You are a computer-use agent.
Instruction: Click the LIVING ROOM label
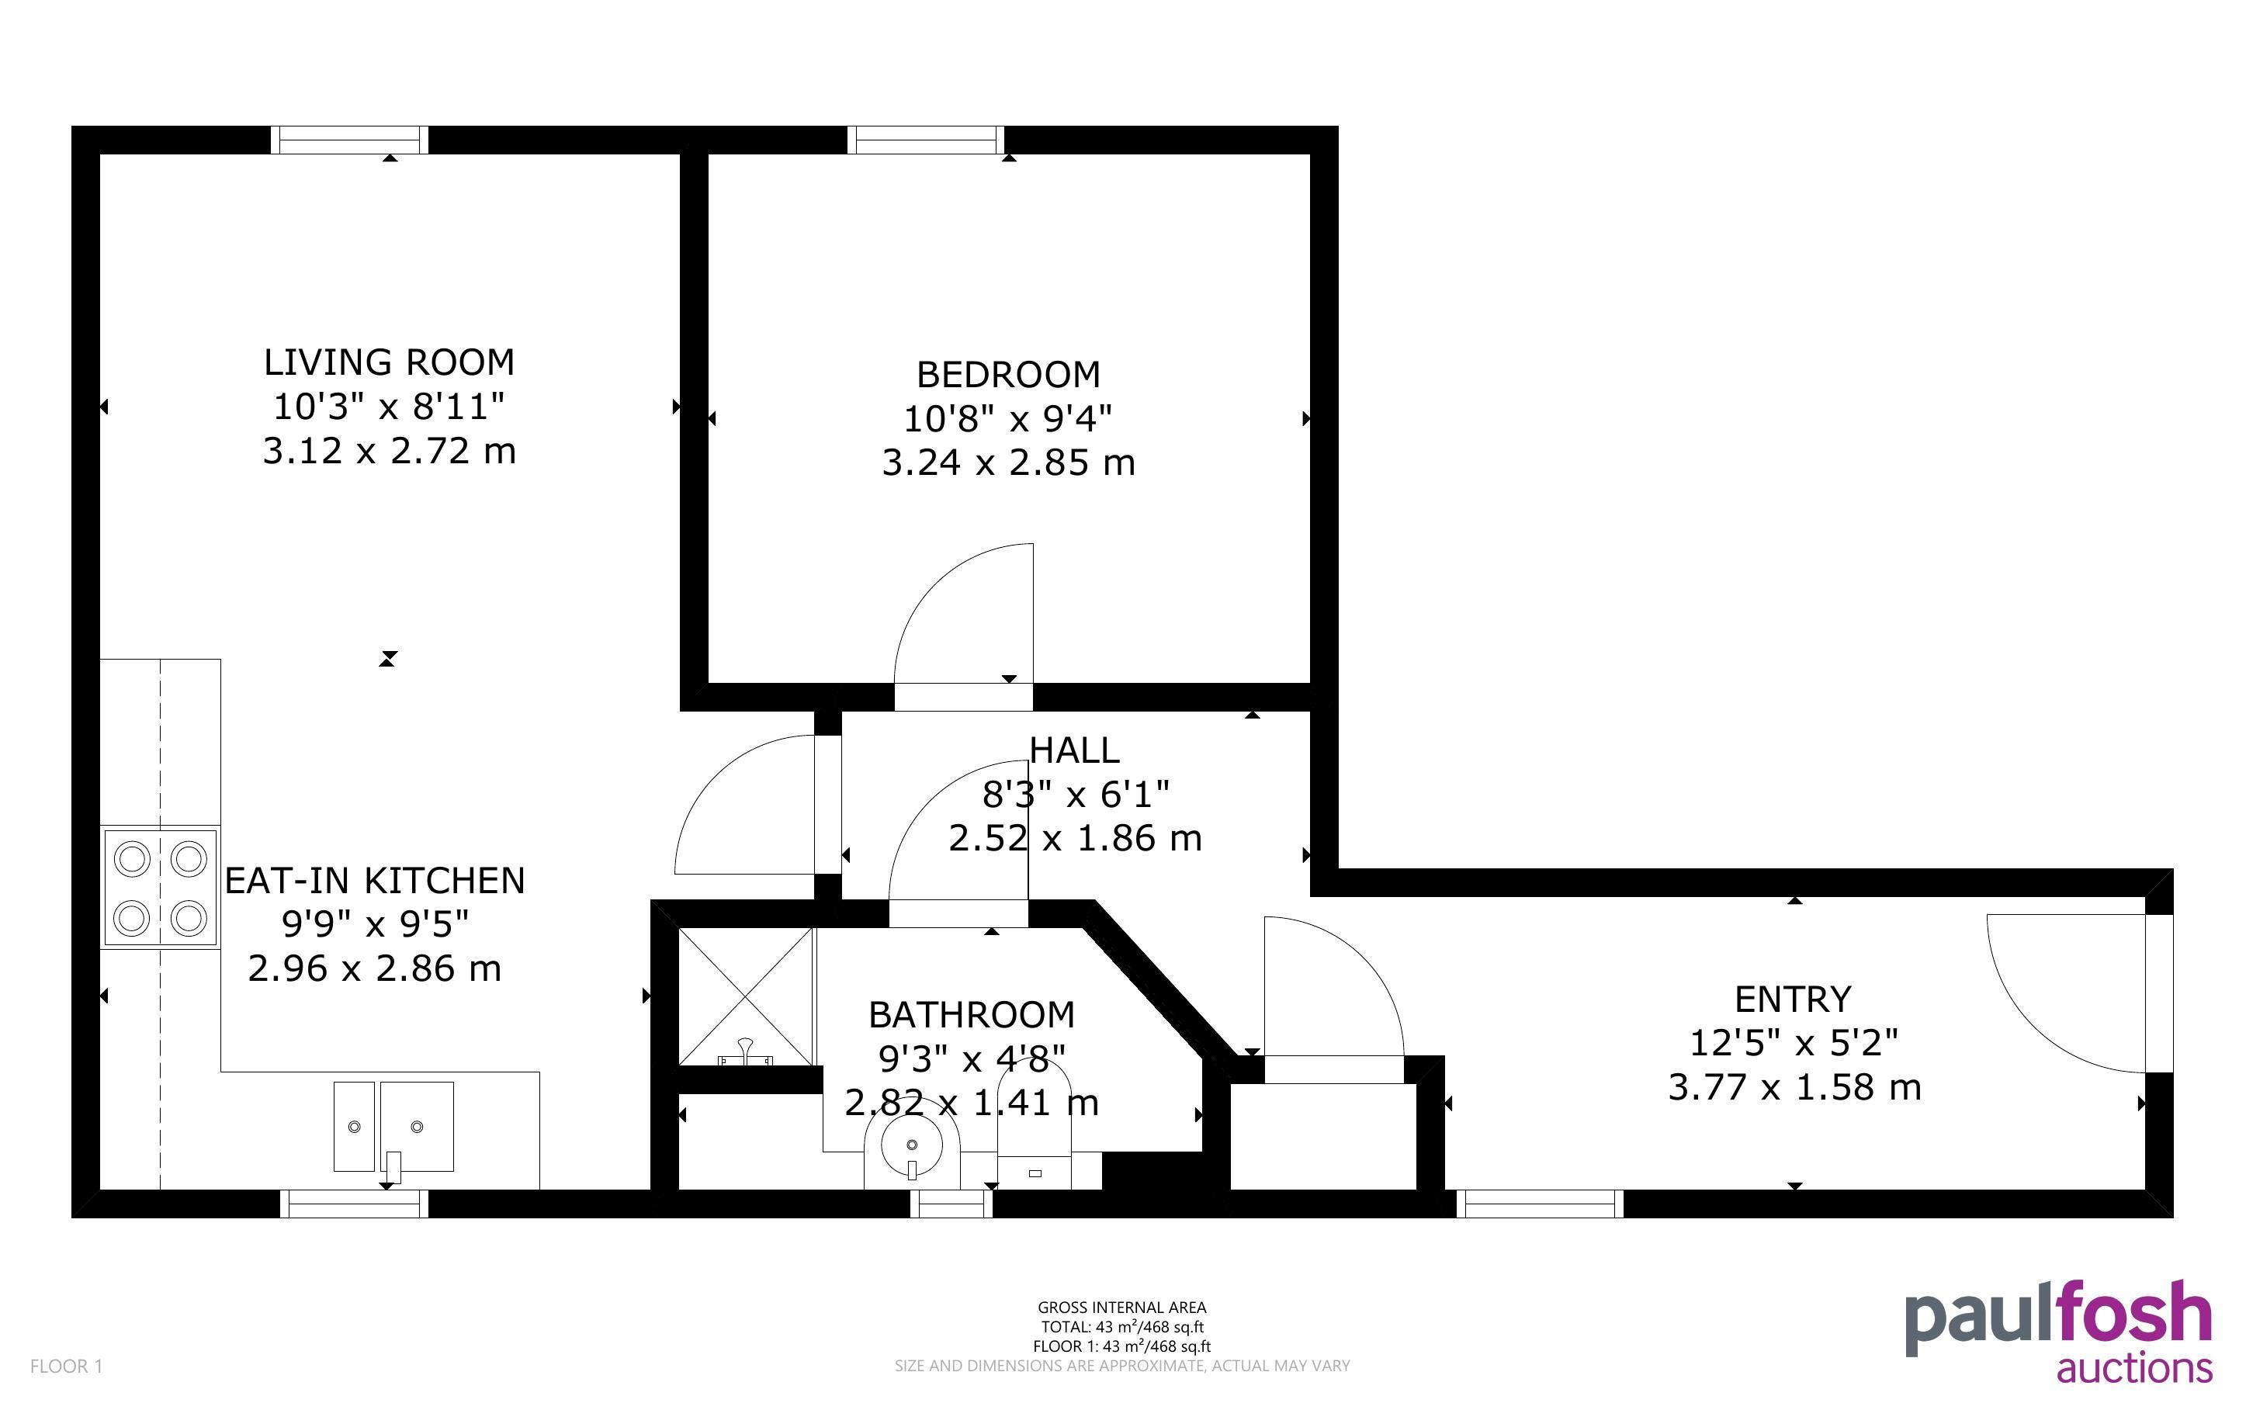coord(389,362)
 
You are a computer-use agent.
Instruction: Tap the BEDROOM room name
coord(1008,375)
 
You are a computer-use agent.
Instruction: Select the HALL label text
coord(1074,750)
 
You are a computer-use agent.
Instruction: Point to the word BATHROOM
coord(972,1015)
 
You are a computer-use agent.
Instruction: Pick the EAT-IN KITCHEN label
coord(375,881)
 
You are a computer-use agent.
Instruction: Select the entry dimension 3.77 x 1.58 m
coord(1794,1087)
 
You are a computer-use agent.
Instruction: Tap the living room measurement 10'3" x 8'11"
coord(389,407)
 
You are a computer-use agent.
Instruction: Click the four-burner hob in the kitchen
coord(161,888)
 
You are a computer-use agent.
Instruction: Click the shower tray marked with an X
coord(746,996)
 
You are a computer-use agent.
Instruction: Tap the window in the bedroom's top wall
coord(926,140)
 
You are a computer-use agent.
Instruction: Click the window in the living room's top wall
coord(350,140)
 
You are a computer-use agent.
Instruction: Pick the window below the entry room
coord(1540,1204)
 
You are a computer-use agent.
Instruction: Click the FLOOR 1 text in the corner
coord(67,1366)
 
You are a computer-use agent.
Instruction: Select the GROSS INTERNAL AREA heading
coord(1121,1308)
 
